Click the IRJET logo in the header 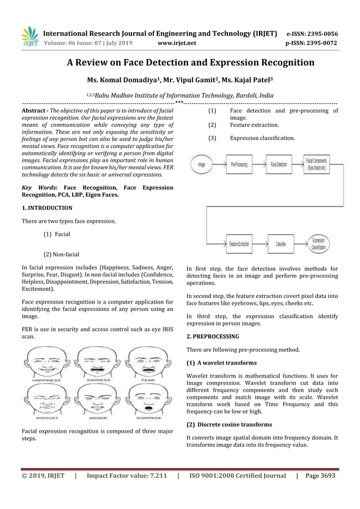coord(29,36)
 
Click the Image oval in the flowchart coord(201,165)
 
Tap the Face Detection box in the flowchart coord(279,165)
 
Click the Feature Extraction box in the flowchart coord(239,244)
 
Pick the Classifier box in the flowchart coord(280,244)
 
